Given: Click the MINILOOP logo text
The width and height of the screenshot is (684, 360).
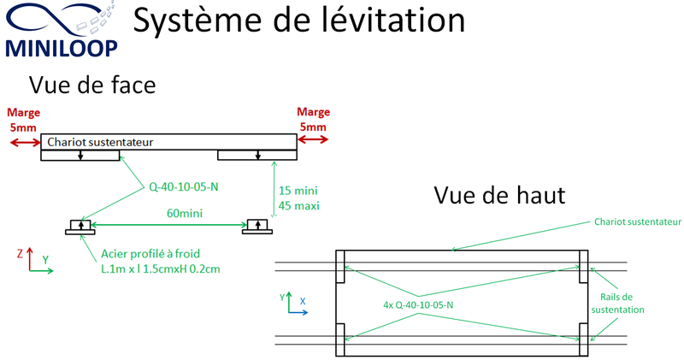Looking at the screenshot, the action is [62, 48].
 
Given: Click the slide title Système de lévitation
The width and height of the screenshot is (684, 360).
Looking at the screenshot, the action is [298, 20].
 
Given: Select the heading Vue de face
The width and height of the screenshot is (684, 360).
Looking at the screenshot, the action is [92, 85].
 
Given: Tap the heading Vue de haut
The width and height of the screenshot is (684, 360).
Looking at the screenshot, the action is [499, 195].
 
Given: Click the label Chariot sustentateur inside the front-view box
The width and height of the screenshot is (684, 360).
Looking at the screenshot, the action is [100, 142].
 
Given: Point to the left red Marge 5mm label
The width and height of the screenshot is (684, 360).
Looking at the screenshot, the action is [24, 120].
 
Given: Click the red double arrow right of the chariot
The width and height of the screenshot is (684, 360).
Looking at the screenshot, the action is [313, 139].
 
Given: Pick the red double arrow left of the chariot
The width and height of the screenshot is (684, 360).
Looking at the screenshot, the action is [26, 142].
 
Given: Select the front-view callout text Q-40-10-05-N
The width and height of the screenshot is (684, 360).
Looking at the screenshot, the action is [184, 186].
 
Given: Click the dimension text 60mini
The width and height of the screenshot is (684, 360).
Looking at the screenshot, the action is [185, 213].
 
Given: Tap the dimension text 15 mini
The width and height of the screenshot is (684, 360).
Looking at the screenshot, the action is [298, 191].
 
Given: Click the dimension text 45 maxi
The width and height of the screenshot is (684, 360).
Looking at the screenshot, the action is [298, 205].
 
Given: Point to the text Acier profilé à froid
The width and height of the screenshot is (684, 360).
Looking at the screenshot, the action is [150, 254].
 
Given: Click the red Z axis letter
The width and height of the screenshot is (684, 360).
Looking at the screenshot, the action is [20, 253].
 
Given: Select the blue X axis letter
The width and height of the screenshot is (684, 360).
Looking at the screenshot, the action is [303, 301].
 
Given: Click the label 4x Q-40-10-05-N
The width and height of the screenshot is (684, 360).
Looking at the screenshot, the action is [418, 305].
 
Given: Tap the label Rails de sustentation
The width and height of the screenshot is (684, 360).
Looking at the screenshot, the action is [617, 304].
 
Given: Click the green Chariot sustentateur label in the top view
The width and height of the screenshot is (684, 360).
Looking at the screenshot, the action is [638, 221].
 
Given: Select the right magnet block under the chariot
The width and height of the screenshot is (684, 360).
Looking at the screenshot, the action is [257, 155].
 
